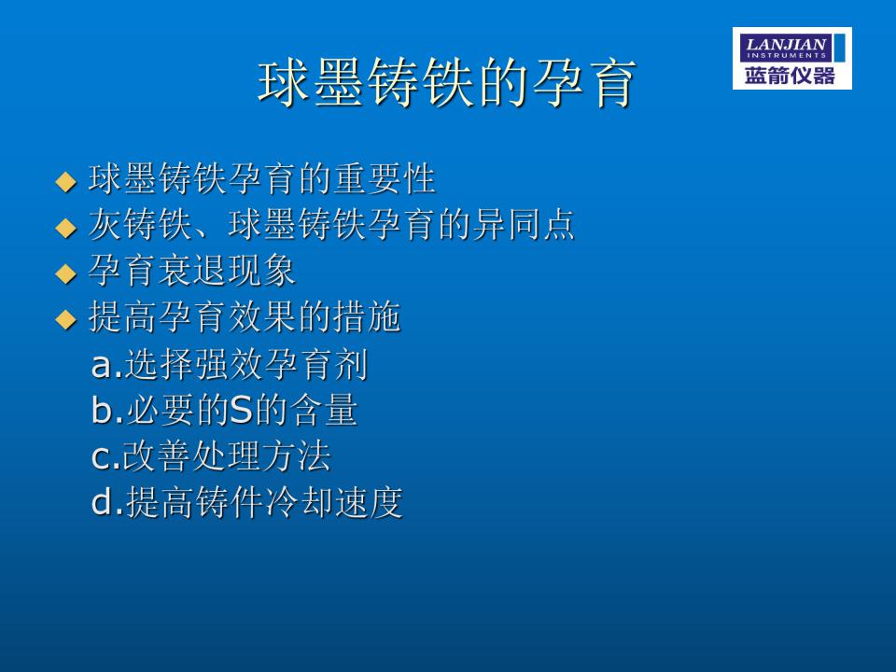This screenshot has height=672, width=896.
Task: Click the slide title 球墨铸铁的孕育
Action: tap(446, 83)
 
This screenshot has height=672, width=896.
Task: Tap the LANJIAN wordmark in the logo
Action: tap(786, 44)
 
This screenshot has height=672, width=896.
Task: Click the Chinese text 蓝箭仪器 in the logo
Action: tap(790, 76)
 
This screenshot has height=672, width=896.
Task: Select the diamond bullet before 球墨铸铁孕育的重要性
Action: tap(65, 182)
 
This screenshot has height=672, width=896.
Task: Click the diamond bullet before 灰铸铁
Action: tap(65, 228)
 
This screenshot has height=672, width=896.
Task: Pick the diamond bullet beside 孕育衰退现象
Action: tap(65, 273)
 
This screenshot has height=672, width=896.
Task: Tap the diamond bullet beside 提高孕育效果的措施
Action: tap(65, 319)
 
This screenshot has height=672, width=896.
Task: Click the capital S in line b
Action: tap(241, 410)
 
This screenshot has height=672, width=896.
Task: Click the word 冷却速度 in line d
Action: tap(334, 502)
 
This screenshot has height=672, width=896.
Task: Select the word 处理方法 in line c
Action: tap(262, 455)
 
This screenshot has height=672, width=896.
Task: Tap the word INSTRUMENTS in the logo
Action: tap(786, 56)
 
